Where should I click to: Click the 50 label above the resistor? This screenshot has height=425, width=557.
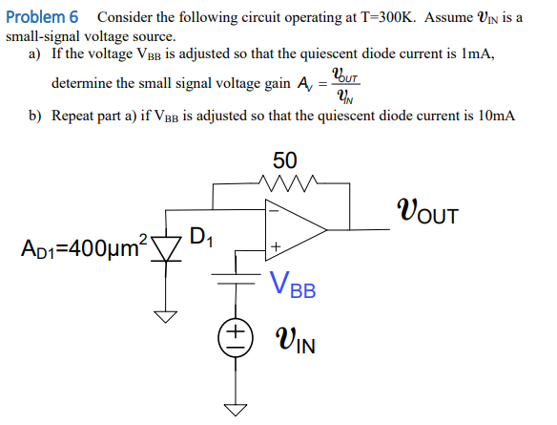[x=284, y=159]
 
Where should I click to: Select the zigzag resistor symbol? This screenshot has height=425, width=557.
[x=285, y=181]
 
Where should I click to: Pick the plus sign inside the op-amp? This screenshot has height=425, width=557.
[x=275, y=247]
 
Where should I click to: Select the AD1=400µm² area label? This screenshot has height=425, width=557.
[x=80, y=249]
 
